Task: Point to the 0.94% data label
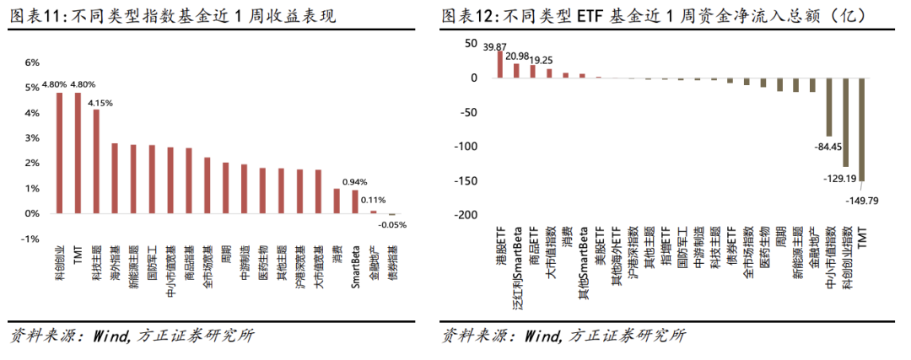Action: click(355, 181)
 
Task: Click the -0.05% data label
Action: click(391, 224)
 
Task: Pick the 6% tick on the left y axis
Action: click(31, 62)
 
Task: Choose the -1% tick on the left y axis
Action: click(30, 239)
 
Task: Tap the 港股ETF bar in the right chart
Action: click(500, 65)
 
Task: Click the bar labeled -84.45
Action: click(828, 107)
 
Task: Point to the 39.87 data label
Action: click(495, 46)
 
